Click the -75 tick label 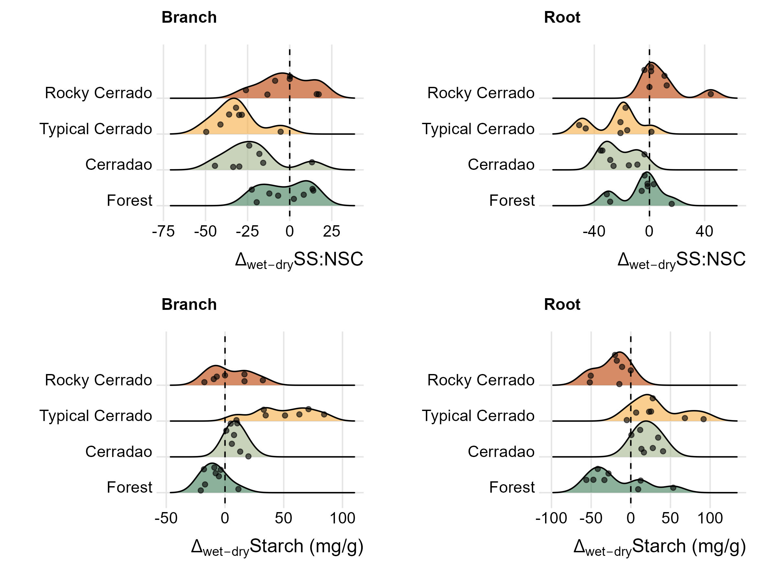pos(163,231)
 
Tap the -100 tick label pos(551,518)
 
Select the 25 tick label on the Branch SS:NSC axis pos(331,231)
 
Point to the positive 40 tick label pos(704,231)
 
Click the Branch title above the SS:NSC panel pos(189,17)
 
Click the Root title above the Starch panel pos(562,304)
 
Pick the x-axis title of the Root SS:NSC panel pos(681,260)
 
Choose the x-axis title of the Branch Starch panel pos(277,547)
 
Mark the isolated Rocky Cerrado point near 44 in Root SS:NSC pos(711,94)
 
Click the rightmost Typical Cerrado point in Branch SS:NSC pos(280,132)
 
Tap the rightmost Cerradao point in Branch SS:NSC pos(312,162)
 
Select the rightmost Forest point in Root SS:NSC pos(672,204)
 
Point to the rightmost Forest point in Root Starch pos(673,488)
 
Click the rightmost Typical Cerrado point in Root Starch pos(703,419)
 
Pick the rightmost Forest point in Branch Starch pos(238,489)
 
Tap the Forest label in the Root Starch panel pos(512,487)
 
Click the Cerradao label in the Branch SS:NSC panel pos(119,165)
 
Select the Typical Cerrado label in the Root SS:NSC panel pos(478,129)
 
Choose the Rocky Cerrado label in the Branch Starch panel pos(98,380)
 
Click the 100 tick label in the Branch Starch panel pos(342,518)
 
